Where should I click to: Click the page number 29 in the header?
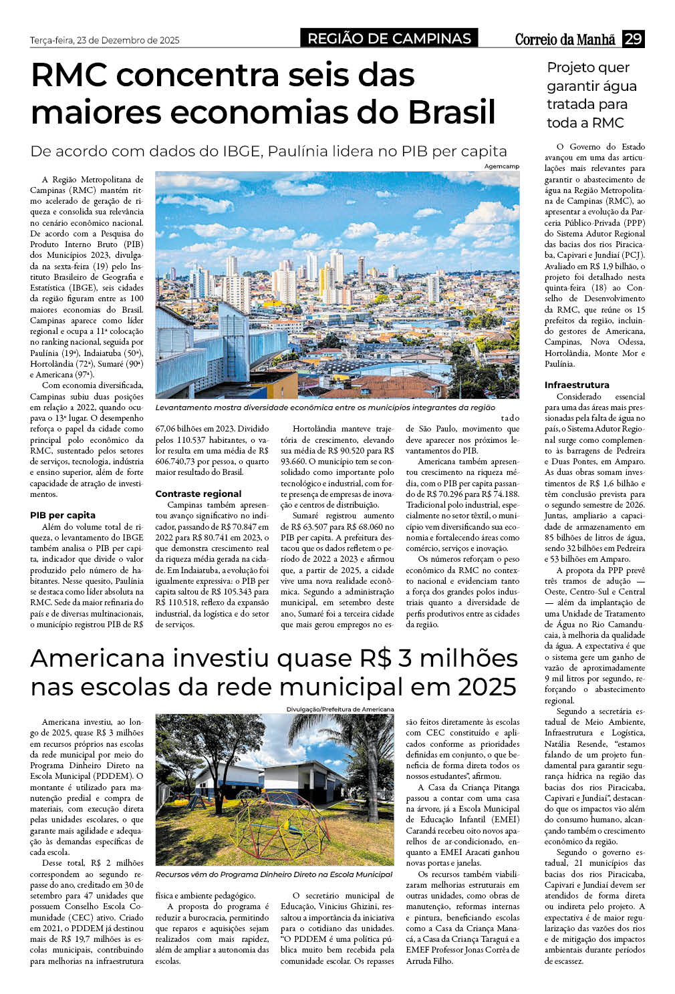(633, 39)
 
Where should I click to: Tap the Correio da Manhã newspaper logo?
(565, 39)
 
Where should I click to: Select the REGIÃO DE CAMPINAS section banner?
(389, 39)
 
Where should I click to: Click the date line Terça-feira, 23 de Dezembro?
(105, 40)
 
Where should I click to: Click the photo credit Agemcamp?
(502, 166)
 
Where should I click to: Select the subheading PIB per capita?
(63, 515)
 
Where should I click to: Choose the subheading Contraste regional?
(198, 494)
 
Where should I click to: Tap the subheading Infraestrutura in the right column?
(577, 385)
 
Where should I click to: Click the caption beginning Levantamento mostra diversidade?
(325, 407)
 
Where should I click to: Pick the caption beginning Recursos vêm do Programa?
(273, 874)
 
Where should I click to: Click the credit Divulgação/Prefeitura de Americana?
(340, 709)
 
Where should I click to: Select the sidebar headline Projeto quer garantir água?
(591, 95)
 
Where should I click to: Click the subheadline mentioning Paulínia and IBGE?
(268, 151)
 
